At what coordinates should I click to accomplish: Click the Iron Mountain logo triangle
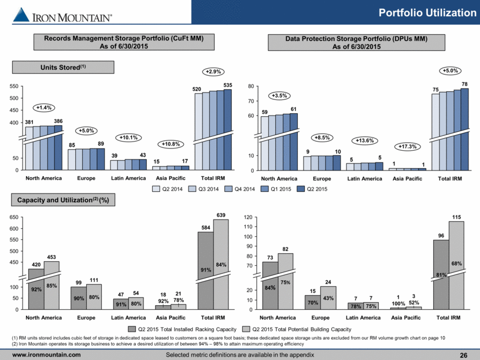(21, 14)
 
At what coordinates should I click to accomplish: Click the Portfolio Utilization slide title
(427, 13)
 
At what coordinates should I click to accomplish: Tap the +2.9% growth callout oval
(213, 72)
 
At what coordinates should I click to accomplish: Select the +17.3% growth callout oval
(408, 147)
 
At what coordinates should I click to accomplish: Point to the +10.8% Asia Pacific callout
(171, 144)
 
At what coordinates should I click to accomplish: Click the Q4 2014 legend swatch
(228, 189)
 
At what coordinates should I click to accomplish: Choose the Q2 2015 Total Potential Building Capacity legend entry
(297, 329)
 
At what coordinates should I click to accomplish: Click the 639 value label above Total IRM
(221, 215)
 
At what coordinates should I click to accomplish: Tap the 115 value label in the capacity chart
(456, 217)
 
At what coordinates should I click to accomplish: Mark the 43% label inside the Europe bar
(328, 298)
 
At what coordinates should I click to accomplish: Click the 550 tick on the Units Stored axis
(14, 86)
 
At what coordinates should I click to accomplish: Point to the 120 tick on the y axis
(248, 217)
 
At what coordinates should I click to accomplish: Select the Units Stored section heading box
(63, 67)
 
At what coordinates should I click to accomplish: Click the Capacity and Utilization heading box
(63, 200)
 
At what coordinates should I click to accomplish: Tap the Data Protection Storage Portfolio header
(356, 43)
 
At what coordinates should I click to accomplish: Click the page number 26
(463, 355)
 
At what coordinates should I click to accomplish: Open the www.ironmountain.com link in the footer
(46, 355)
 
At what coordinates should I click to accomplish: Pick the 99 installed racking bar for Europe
(79, 298)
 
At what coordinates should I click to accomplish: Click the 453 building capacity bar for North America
(51, 285)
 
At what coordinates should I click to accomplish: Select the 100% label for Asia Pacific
(398, 303)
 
